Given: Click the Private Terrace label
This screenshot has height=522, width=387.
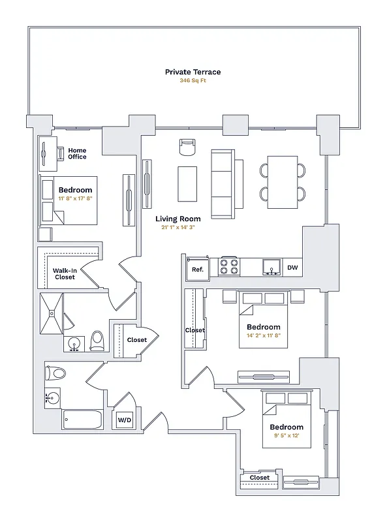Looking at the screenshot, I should (x=193, y=72).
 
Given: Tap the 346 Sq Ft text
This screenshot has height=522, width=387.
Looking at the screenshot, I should (x=193, y=82).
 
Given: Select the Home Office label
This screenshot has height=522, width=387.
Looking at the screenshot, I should (x=77, y=153).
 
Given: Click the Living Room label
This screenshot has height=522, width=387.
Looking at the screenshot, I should (x=178, y=219).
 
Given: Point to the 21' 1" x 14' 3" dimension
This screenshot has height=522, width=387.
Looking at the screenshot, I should (x=178, y=228).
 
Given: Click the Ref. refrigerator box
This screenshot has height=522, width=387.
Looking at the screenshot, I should (x=197, y=268).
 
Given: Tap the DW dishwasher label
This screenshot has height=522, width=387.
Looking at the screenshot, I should (x=292, y=268).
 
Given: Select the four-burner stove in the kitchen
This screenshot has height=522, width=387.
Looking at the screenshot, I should (x=230, y=267).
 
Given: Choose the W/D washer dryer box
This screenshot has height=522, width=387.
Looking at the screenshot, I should (x=125, y=421).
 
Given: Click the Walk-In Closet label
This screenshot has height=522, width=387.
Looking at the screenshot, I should (x=64, y=273).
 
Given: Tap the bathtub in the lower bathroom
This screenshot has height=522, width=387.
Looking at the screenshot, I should (x=82, y=420).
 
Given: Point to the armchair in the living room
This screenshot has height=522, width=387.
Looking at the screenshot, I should (x=187, y=147).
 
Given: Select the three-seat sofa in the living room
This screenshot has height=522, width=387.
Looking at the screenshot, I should (x=226, y=184).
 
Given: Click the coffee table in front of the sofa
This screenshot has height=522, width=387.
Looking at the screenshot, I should (x=187, y=185).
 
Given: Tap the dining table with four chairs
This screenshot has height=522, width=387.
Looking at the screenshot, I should (x=283, y=182).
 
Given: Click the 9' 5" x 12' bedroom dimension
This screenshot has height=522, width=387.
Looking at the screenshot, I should (x=286, y=435).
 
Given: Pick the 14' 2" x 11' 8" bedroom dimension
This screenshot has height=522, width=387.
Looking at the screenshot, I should (x=263, y=335).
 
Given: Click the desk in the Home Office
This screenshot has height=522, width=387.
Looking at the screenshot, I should (x=46, y=154).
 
